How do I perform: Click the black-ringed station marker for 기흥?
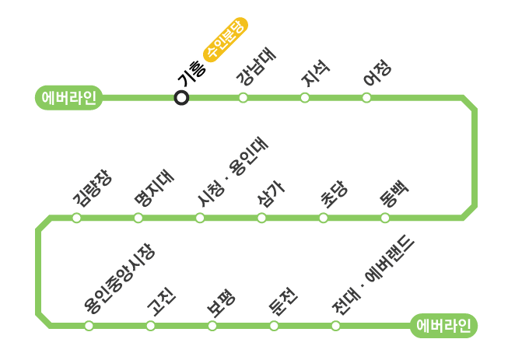[x=181, y=98]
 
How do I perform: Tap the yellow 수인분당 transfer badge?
[x=225, y=38]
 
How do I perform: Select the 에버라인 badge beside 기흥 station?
[x=69, y=98]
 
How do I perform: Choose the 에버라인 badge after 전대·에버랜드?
[x=443, y=326]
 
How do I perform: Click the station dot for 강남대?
[x=243, y=98]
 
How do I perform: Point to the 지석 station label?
[x=316, y=75]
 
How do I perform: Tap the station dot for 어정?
[x=366, y=98]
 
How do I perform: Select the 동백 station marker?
[x=385, y=218]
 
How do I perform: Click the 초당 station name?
[x=335, y=194]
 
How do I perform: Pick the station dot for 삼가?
[x=261, y=218]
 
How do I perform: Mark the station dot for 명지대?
[x=138, y=218]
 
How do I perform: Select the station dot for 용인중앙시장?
[x=89, y=326]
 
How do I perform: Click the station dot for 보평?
[x=212, y=326]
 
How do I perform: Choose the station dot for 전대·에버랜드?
[x=335, y=326]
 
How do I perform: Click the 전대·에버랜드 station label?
[x=373, y=276]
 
